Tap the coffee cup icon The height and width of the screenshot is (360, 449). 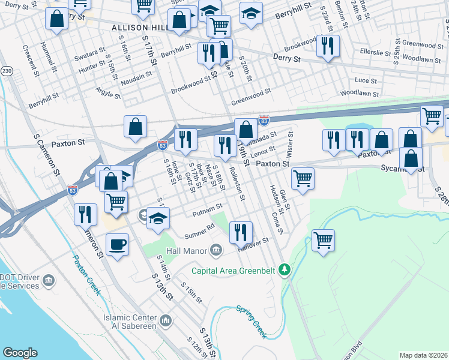tap(117, 245)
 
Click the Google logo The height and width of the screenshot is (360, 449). tap(20, 353)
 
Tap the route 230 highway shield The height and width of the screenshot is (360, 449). tap(7, 71)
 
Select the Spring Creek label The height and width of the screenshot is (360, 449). tap(251, 321)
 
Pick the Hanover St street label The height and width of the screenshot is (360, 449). tap(253, 244)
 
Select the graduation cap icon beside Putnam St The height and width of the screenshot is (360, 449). tap(159, 218)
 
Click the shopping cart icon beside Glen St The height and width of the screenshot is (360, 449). tap(303, 178)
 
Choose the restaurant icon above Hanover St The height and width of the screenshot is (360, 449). tap(241, 232)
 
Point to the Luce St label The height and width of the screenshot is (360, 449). tap(366, 80)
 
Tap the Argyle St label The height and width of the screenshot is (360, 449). tap(107, 92)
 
